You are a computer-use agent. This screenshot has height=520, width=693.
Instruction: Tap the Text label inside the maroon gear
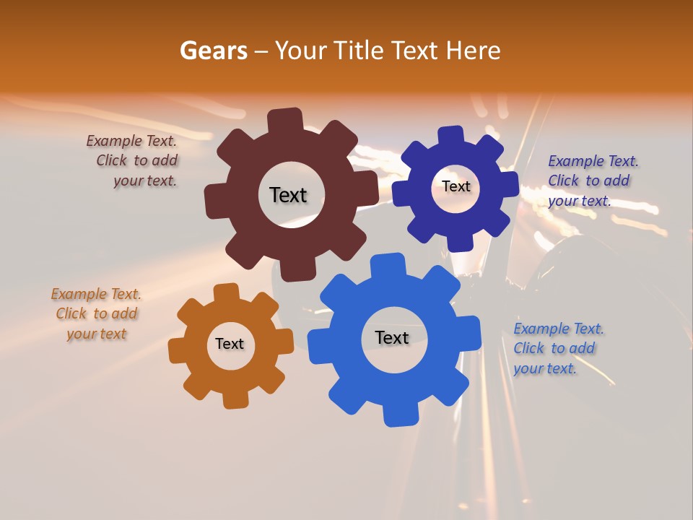[288, 195]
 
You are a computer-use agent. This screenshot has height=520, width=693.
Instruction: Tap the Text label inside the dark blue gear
[456, 186]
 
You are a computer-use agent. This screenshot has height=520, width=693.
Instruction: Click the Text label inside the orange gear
[230, 344]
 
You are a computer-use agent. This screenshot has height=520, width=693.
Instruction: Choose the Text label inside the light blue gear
[392, 337]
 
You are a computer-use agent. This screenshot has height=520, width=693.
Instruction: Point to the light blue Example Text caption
[557, 348]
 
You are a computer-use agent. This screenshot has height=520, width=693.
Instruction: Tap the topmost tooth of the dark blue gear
[450, 135]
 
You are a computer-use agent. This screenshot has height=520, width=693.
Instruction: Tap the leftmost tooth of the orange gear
[177, 351]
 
